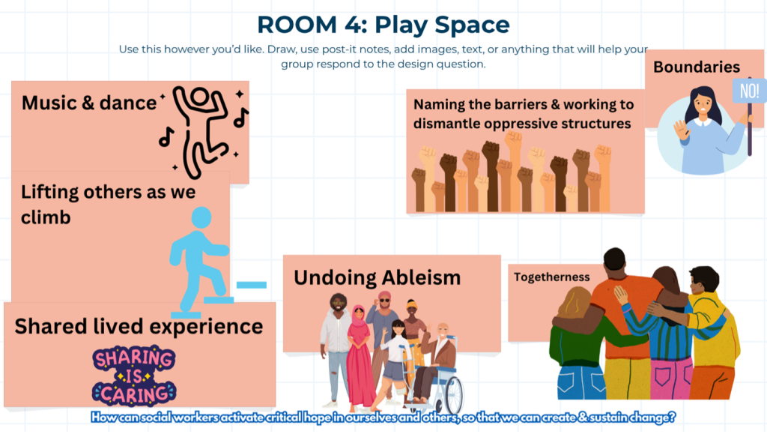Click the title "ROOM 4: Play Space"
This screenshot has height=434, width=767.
[x=383, y=25]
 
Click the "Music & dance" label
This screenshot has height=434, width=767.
[x=89, y=103]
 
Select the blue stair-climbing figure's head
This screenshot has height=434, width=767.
[x=201, y=217]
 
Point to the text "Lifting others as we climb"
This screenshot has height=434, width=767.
[x=108, y=204]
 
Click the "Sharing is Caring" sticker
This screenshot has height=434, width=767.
[x=134, y=376]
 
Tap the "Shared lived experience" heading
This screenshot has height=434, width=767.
[x=139, y=326]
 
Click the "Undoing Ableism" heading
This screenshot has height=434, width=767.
[x=378, y=277]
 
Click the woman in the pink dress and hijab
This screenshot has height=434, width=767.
[x=359, y=358]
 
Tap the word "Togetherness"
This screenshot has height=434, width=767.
[x=552, y=277]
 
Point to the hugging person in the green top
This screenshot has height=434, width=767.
[x=577, y=343]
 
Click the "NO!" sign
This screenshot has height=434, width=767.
[x=749, y=91]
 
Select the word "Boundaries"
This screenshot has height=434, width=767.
[x=697, y=67]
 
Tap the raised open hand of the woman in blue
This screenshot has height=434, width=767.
[x=681, y=131]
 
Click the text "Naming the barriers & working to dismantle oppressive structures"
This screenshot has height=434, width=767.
[x=524, y=113]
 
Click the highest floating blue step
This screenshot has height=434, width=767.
[x=252, y=285]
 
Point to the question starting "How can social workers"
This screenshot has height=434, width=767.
[x=383, y=418]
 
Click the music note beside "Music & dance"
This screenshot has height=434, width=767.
[x=166, y=137]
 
